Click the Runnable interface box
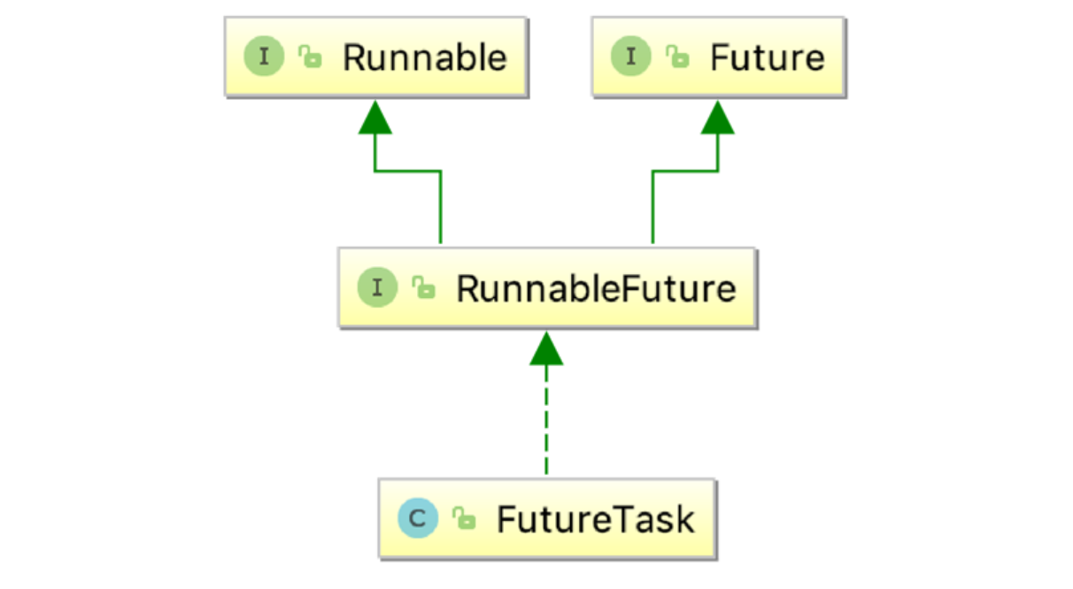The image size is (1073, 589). pos(375,57)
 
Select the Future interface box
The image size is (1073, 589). pos(718,57)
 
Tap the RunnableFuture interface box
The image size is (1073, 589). pos(547,288)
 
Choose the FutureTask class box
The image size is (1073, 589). pos(547,519)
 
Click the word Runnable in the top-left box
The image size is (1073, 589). pos(425,58)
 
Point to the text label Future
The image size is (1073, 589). pos(767,58)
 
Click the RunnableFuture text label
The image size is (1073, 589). pos(596,289)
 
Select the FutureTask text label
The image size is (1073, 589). pos(595,520)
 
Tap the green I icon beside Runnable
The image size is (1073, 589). pos(264,57)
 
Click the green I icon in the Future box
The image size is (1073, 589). pos(631,57)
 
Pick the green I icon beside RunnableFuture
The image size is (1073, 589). pos(378,288)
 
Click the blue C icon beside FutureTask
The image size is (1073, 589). pos(418,519)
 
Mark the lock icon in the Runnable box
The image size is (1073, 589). pos(310,58)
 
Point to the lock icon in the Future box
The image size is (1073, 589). pos(677,58)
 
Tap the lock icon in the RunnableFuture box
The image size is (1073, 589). pos(424,289)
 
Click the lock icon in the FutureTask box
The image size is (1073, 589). pos(463,520)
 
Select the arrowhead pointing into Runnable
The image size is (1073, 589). pos(375,117)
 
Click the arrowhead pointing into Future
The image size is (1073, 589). pos(718,117)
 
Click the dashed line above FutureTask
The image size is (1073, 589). pos(546,425)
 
